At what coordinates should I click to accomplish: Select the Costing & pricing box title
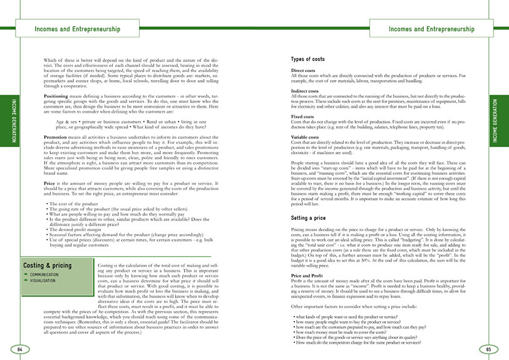[48, 265]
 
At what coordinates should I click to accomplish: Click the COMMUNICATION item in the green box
[44, 274]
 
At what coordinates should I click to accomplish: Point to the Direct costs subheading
[303, 71]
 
